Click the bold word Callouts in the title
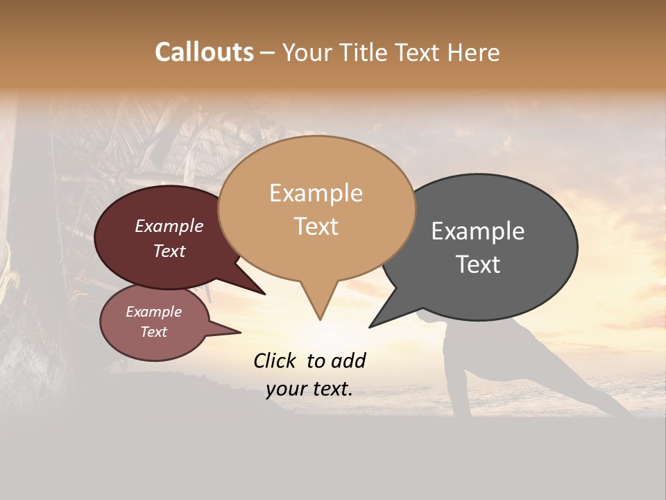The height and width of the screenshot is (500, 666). [x=204, y=52]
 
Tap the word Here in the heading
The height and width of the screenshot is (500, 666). [x=473, y=52]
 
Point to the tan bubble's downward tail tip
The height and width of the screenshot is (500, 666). [x=320, y=319]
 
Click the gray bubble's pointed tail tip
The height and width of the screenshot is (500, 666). [x=370, y=326]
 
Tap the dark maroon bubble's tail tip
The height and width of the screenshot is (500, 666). [x=264, y=294]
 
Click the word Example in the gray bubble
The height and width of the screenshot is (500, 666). [x=477, y=231]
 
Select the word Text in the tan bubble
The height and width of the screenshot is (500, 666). [x=316, y=226]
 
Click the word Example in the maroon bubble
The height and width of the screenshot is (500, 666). [x=169, y=226]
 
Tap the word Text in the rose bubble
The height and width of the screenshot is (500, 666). [x=153, y=332]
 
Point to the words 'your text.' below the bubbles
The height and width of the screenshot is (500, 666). [x=309, y=389]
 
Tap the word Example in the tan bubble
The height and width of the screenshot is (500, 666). [x=316, y=192]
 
